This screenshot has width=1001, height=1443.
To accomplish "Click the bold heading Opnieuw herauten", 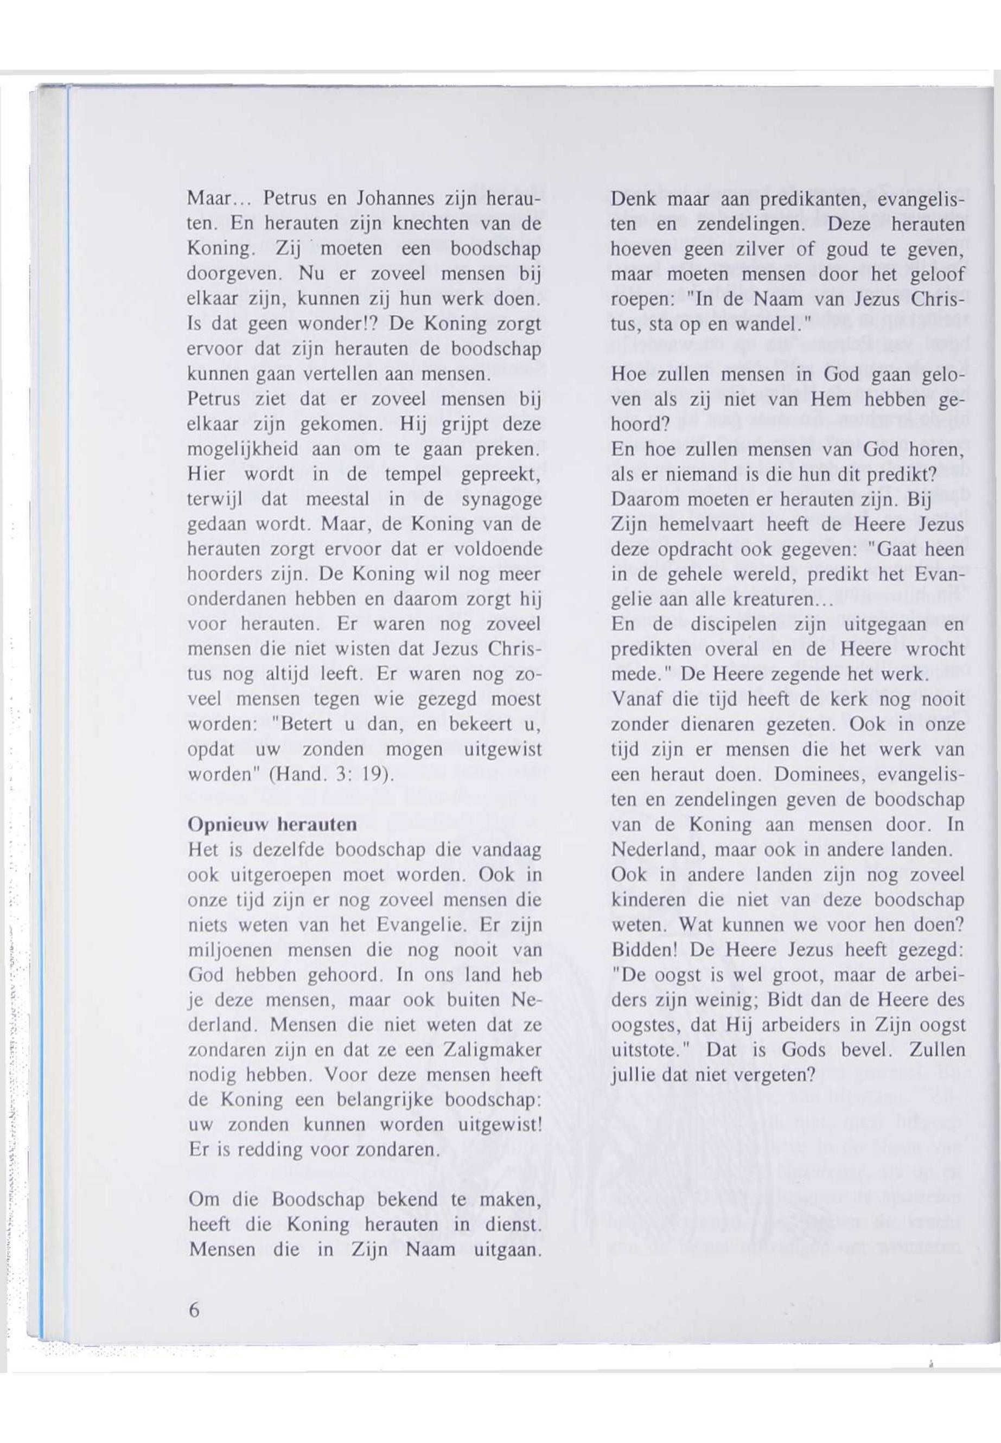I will (272, 825).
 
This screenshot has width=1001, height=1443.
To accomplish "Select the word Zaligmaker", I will (492, 1050).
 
